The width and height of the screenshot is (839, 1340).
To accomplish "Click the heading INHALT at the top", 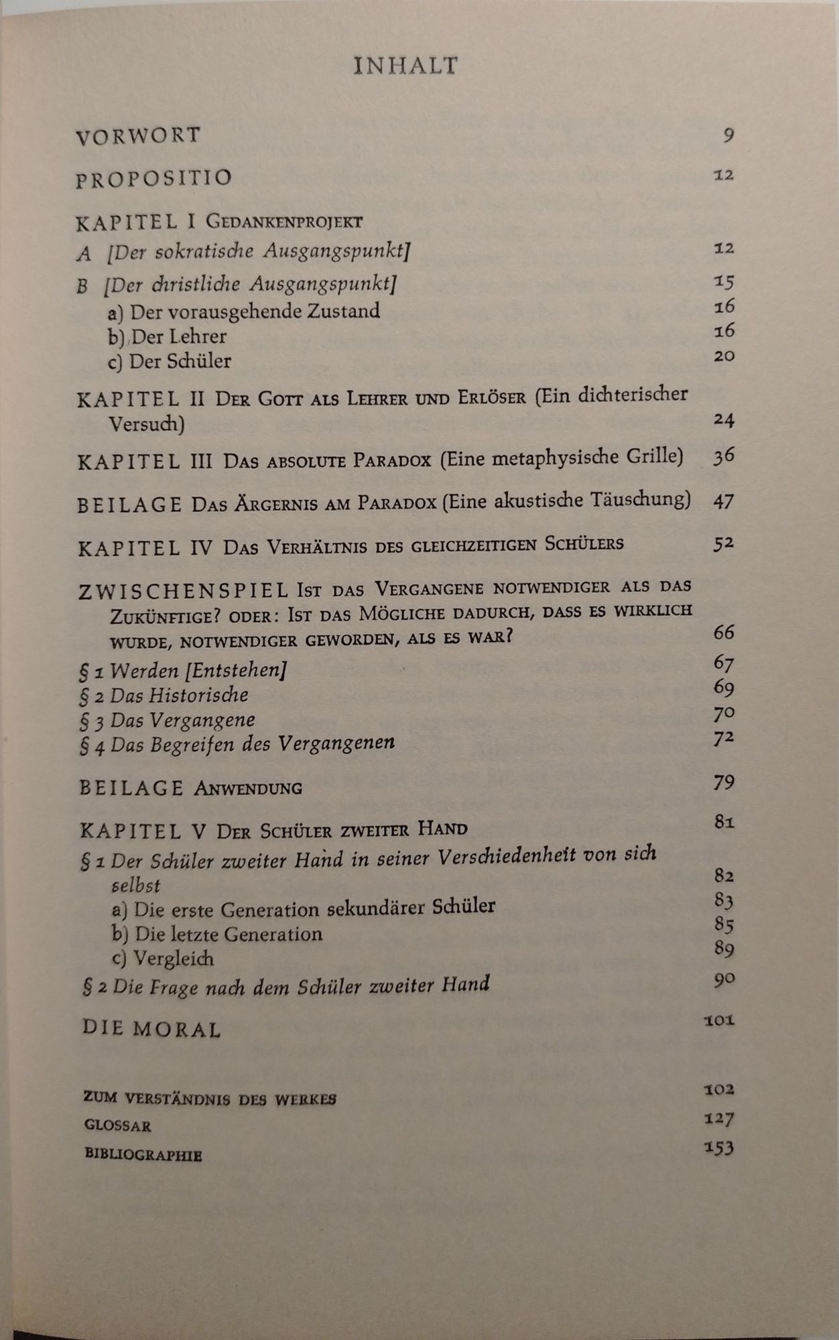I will coord(405,66).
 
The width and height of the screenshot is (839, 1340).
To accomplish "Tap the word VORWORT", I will coord(138,136).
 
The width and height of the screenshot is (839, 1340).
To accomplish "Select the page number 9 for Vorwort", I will coord(728,136).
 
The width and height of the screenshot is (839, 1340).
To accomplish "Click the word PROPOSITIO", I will coord(154,179).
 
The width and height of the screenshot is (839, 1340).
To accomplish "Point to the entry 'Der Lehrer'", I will coord(168,336).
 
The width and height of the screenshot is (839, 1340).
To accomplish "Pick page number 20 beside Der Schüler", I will coord(724,356).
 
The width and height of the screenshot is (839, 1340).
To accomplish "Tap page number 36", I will coord(724,456).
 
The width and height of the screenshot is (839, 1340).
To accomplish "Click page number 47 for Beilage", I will coord(724,500).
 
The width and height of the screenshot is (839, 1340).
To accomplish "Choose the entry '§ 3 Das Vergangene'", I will coord(168,721).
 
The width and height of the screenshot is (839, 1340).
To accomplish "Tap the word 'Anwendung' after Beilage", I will coord(247,789).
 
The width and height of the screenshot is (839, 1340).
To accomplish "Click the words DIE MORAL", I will coord(151,1028).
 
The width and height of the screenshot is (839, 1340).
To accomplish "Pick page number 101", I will coord(719,1021).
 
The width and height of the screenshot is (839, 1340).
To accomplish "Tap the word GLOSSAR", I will coord(118,1126).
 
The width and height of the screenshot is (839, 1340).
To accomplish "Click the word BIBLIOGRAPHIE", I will coord(143,1155).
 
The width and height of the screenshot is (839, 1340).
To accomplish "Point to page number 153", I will coord(719,1148).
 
